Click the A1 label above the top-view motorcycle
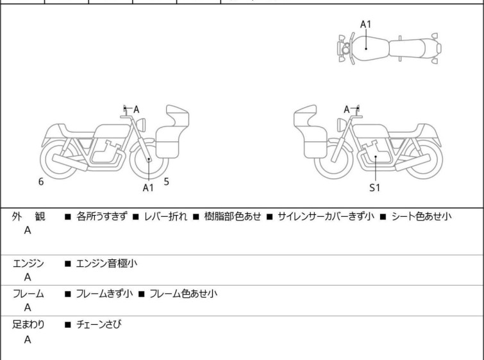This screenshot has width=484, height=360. [x=365, y=24]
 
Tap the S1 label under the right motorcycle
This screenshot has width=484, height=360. [x=374, y=188]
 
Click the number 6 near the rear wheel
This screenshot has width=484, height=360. [x=41, y=182]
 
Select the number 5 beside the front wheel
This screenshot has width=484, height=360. [x=166, y=182]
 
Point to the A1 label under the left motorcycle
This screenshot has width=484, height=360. [x=148, y=188]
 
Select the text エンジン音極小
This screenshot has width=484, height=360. [x=106, y=263]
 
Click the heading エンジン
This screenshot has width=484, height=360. [x=29, y=263]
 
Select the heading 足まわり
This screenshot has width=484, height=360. [x=29, y=324]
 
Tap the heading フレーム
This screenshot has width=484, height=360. [x=29, y=294]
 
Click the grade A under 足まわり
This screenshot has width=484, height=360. [x=28, y=339]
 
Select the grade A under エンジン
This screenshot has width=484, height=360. [x=28, y=278]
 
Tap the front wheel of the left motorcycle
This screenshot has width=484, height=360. [x=149, y=159]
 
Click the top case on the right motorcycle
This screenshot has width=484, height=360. [x=305, y=118]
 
